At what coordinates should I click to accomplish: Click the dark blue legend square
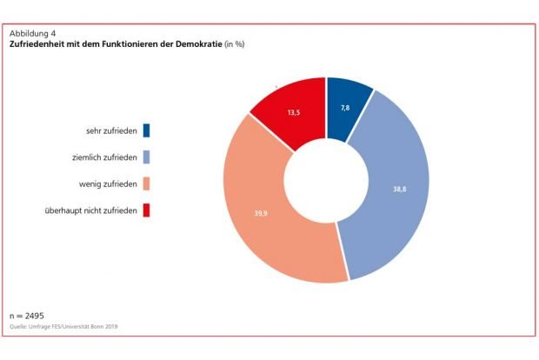(x=145, y=131)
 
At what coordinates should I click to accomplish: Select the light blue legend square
(x=145, y=157)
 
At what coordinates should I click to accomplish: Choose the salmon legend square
(x=145, y=183)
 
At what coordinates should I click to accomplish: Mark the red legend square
(x=145, y=210)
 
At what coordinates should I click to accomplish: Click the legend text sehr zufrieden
(x=111, y=131)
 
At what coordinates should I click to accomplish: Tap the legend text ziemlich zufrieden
(x=103, y=157)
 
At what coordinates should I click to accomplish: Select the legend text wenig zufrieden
(x=107, y=183)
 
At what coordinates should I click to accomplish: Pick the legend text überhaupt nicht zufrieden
(x=90, y=210)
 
